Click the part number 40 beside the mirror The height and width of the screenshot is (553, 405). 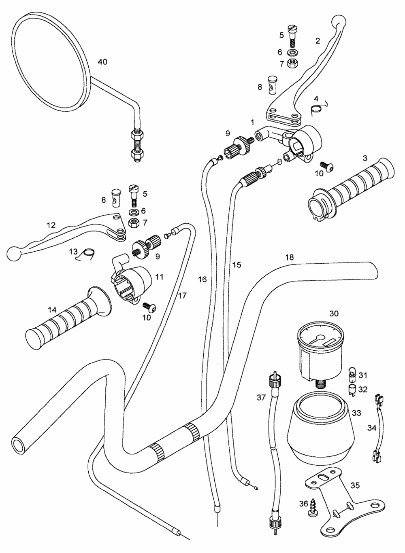tap(102, 61)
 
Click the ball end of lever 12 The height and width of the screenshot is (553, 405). tap(13, 254)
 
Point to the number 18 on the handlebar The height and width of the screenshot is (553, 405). tap(289, 257)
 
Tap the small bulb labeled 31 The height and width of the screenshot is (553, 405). tap(352, 371)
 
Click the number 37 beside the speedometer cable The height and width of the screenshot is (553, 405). tap(261, 398)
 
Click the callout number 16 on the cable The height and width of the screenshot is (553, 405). tap(202, 279)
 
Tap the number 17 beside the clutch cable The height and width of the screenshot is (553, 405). tap(182, 296)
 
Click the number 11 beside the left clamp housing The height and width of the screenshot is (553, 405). tap(159, 277)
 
